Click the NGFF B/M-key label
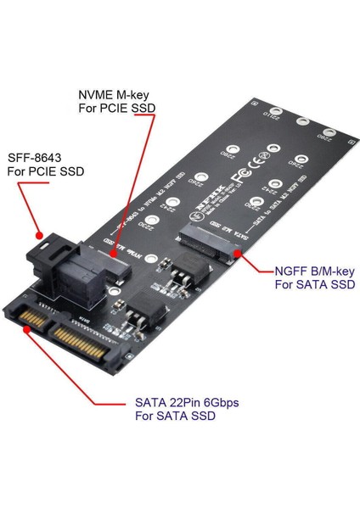coord(315,272)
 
